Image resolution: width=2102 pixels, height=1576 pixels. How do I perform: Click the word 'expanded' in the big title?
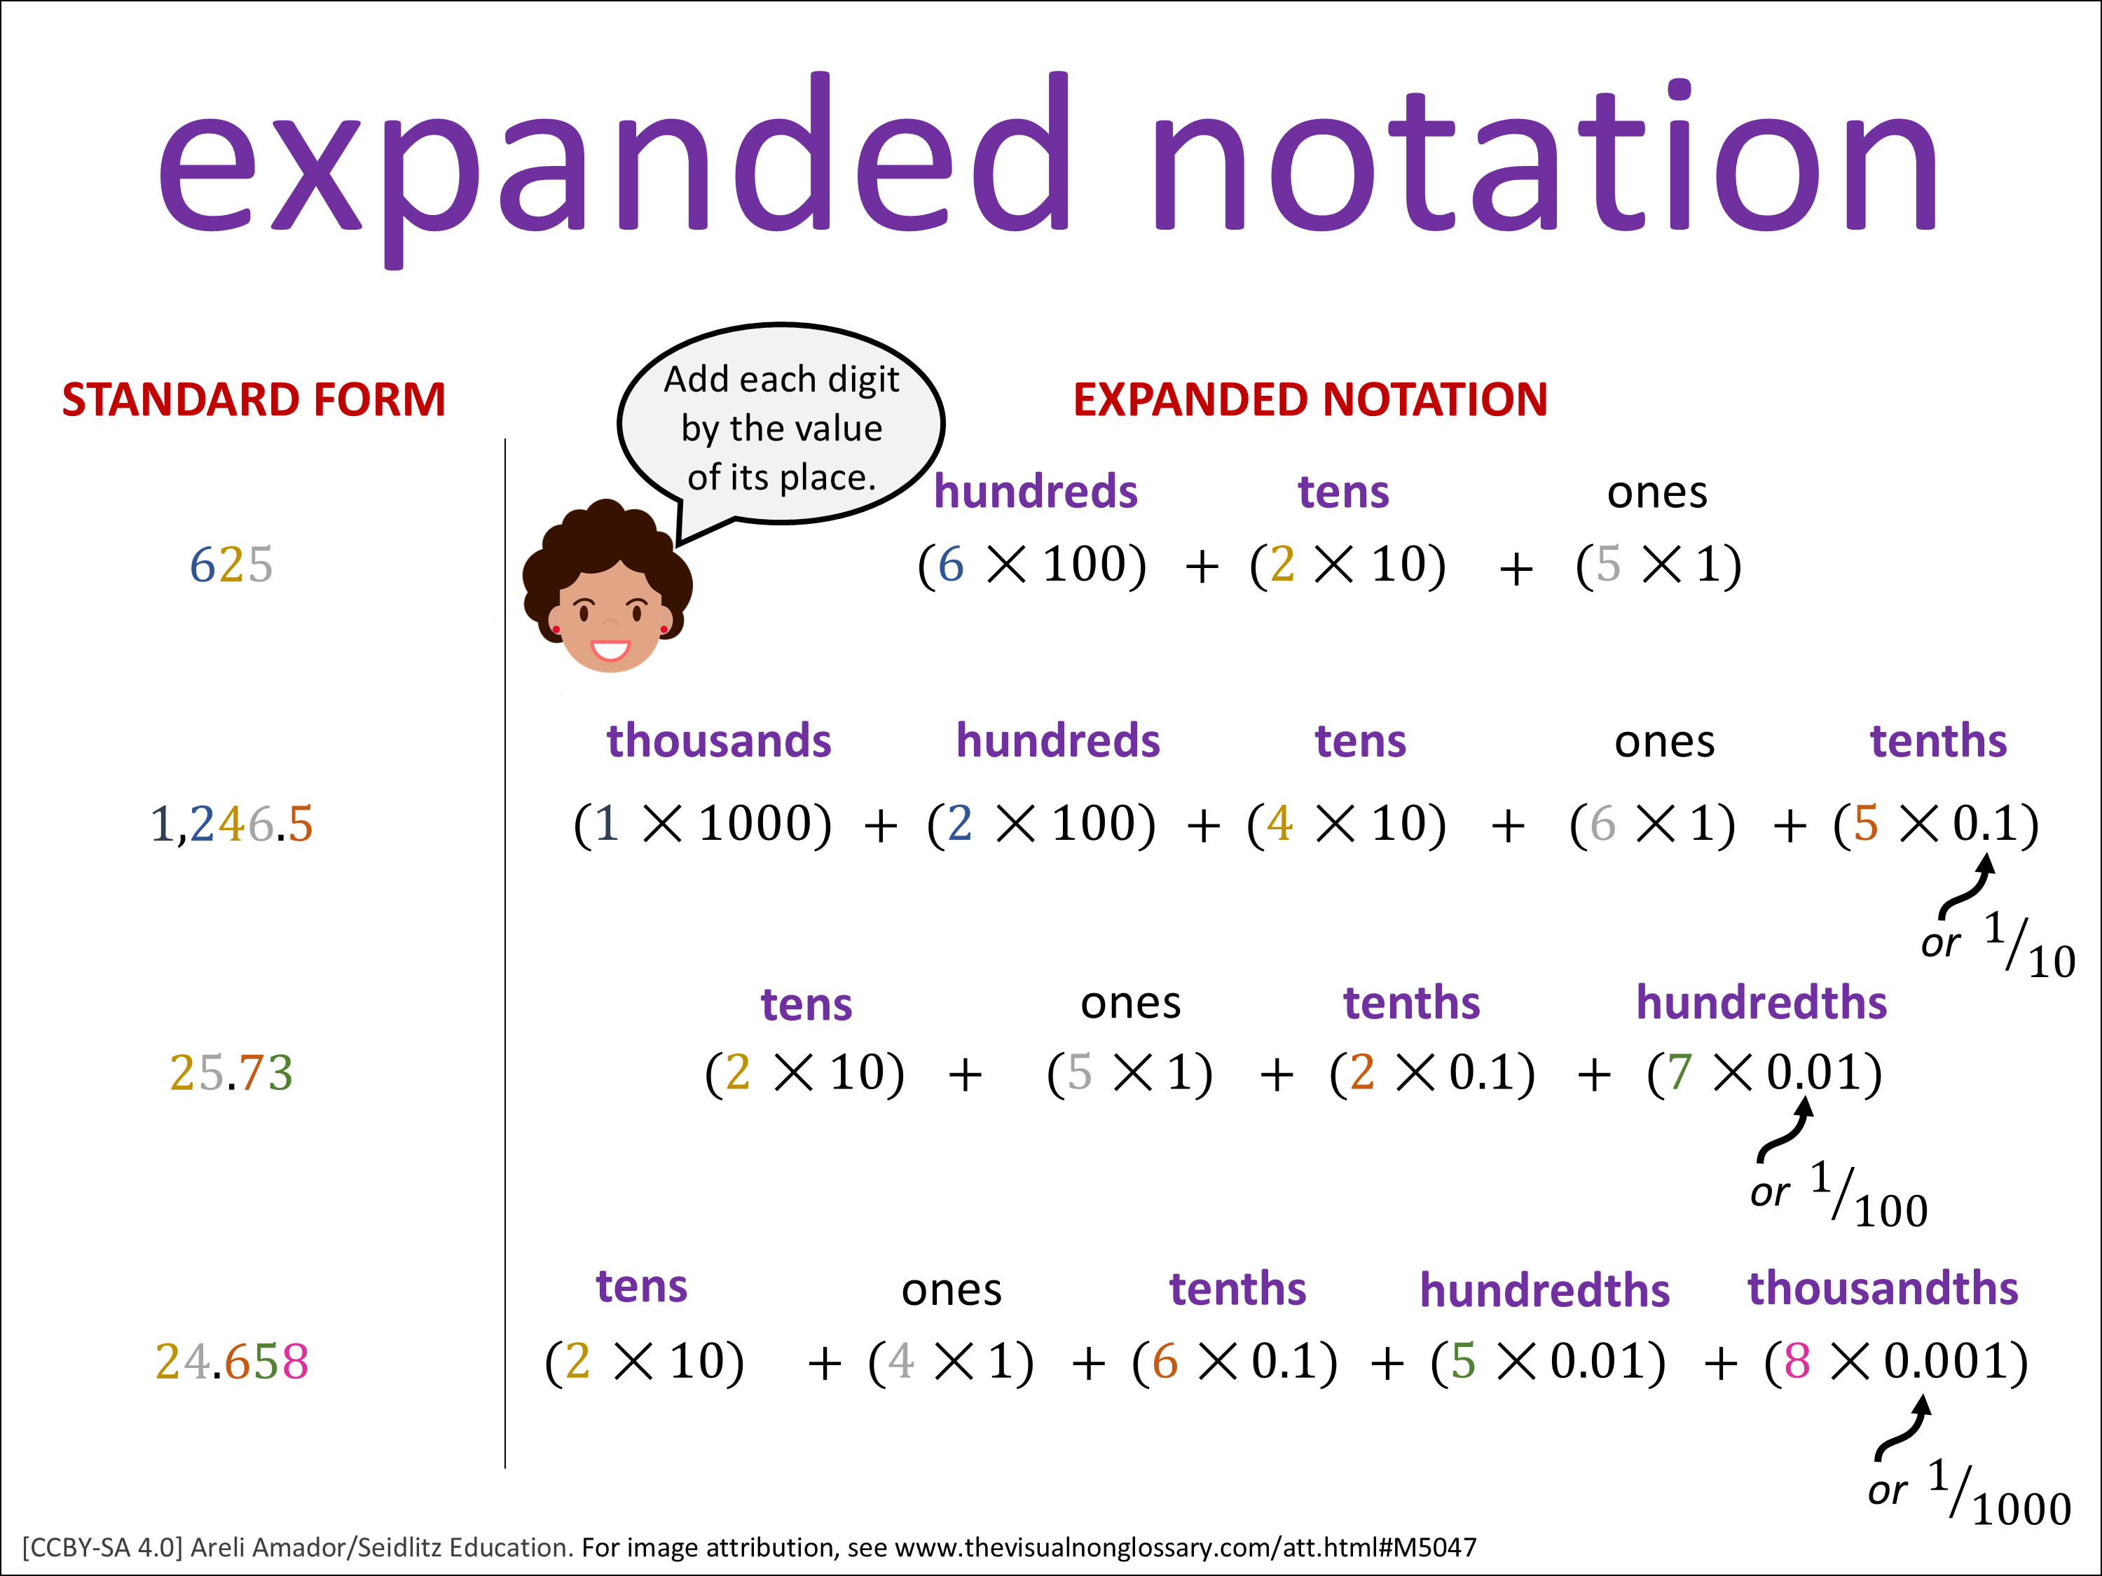[x=614, y=166]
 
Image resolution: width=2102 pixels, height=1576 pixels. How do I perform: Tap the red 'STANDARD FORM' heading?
[x=254, y=400]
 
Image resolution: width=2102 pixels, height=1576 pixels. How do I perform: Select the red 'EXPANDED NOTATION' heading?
[x=1310, y=400]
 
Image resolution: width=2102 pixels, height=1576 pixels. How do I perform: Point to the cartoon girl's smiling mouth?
[x=610, y=651]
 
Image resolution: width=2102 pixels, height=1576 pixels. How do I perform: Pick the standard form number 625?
[x=231, y=565]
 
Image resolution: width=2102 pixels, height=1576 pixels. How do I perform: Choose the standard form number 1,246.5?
[x=231, y=824]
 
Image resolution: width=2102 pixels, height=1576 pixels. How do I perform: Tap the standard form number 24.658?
[x=231, y=1361]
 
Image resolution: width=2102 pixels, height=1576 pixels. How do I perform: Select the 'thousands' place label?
[x=720, y=741]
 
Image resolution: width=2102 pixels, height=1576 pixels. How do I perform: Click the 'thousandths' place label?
[x=1883, y=1288]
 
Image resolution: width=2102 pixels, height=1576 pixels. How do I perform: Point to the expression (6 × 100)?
[x=1032, y=565]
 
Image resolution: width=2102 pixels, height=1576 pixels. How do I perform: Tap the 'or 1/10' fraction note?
[x=1998, y=944]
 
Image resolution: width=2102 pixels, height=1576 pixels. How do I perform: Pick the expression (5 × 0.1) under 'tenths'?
[x=1936, y=824]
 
